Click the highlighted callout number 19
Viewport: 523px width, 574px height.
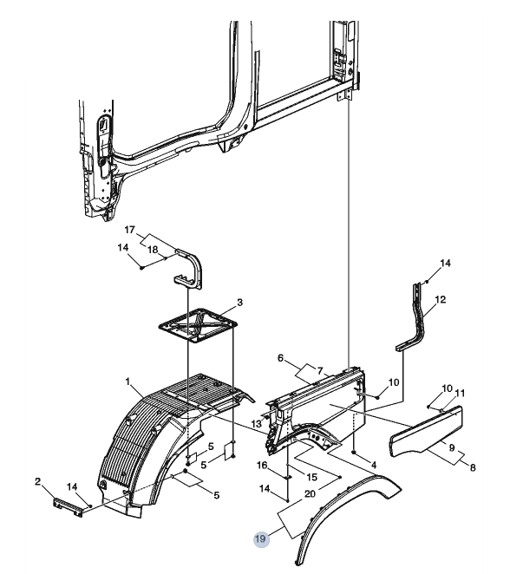click(x=261, y=538)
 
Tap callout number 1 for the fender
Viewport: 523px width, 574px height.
click(x=127, y=382)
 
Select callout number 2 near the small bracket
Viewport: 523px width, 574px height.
click(x=37, y=482)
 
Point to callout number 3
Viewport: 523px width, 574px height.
click(x=239, y=303)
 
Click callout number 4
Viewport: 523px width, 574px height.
click(x=374, y=466)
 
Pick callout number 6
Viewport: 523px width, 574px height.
click(x=280, y=358)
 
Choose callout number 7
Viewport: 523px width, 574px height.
click(x=320, y=371)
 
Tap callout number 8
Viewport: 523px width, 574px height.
click(x=473, y=467)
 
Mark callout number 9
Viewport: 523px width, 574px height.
click(x=452, y=447)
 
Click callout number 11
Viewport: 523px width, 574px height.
click(x=460, y=393)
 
